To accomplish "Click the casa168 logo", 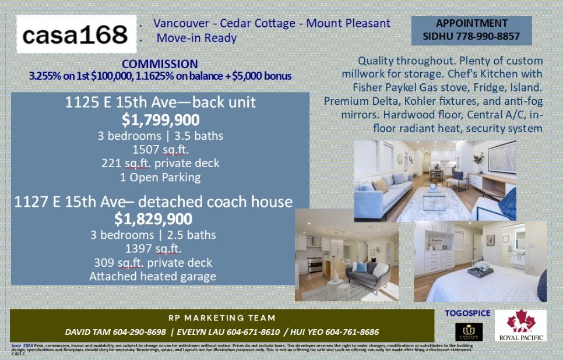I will [76, 35].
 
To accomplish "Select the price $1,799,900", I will [160, 121].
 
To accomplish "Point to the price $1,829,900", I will [153, 219].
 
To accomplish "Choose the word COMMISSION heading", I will [160, 64].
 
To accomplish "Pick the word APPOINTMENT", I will [471, 23].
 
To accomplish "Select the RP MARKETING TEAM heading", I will [221, 318].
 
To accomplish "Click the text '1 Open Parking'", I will [160, 177].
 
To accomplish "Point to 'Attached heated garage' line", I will [153, 277].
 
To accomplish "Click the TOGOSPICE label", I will [467, 313].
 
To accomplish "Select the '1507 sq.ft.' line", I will [160, 149].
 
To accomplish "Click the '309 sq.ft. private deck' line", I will [153, 263].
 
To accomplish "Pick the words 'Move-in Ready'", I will [196, 38].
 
